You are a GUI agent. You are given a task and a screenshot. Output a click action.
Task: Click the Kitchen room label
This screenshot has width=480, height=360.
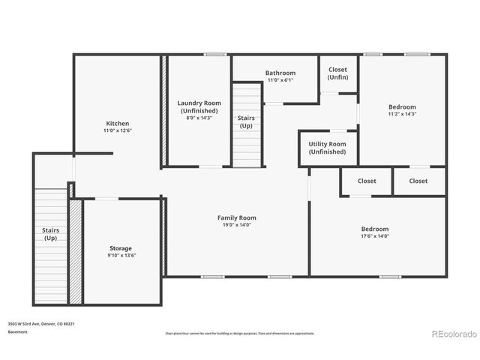(117, 123)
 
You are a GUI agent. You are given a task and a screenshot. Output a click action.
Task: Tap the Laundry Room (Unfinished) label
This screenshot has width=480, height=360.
(199, 106)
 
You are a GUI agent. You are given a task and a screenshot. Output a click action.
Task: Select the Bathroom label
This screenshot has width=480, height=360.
(280, 73)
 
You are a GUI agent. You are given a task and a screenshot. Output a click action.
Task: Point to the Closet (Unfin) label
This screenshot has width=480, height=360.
(337, 73)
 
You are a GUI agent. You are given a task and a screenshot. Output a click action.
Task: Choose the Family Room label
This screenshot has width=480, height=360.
(237, 217)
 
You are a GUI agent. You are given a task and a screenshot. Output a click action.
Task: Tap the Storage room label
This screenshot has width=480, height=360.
(121, 248)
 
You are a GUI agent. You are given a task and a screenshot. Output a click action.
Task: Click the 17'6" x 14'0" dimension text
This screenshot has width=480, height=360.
(375, 236)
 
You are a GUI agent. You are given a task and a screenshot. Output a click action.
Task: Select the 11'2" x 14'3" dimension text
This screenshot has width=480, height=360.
(402, 114)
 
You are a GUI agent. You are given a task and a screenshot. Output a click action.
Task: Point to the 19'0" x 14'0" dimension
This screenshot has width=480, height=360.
(237, 225)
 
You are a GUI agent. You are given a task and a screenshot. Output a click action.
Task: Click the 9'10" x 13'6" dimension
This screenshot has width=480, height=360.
(121, 256)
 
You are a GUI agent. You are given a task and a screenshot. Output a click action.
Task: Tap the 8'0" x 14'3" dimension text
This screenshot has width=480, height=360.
(199, 118)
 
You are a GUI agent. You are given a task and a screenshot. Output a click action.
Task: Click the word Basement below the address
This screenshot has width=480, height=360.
(17, 331)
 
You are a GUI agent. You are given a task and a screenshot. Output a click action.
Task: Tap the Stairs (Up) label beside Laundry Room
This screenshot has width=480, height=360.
(246, 121)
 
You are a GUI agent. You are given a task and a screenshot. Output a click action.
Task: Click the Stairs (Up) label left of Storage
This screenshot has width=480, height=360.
(50, 234)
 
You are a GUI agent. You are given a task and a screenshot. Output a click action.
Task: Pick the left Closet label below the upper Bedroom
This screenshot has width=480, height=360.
(367, 181)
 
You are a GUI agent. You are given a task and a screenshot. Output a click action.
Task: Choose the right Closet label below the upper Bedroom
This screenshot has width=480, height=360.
(418, 181)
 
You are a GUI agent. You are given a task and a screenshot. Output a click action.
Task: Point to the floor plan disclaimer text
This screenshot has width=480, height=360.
(240, 333)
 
